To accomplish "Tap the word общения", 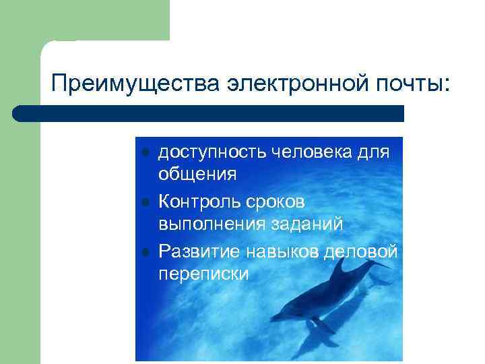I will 197,175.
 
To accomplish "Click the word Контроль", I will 199,202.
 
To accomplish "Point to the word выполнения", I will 209,224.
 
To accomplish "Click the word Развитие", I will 198,251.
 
